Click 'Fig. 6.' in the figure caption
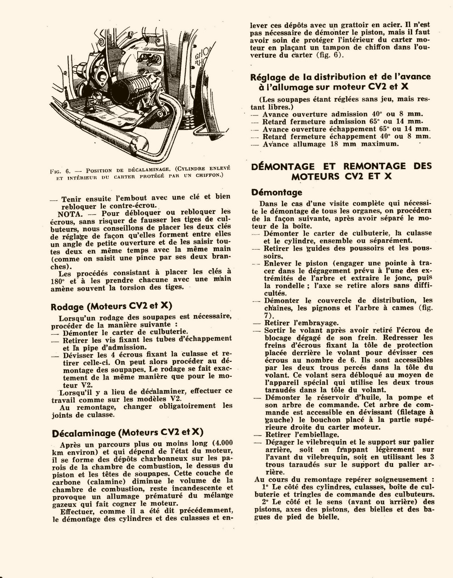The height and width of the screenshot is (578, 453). [61, 171]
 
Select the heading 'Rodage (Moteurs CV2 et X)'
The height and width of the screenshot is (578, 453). [111, 306]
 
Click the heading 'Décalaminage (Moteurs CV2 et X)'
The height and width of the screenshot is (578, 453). [127, 432]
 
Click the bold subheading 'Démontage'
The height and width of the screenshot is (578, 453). [276, 192]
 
